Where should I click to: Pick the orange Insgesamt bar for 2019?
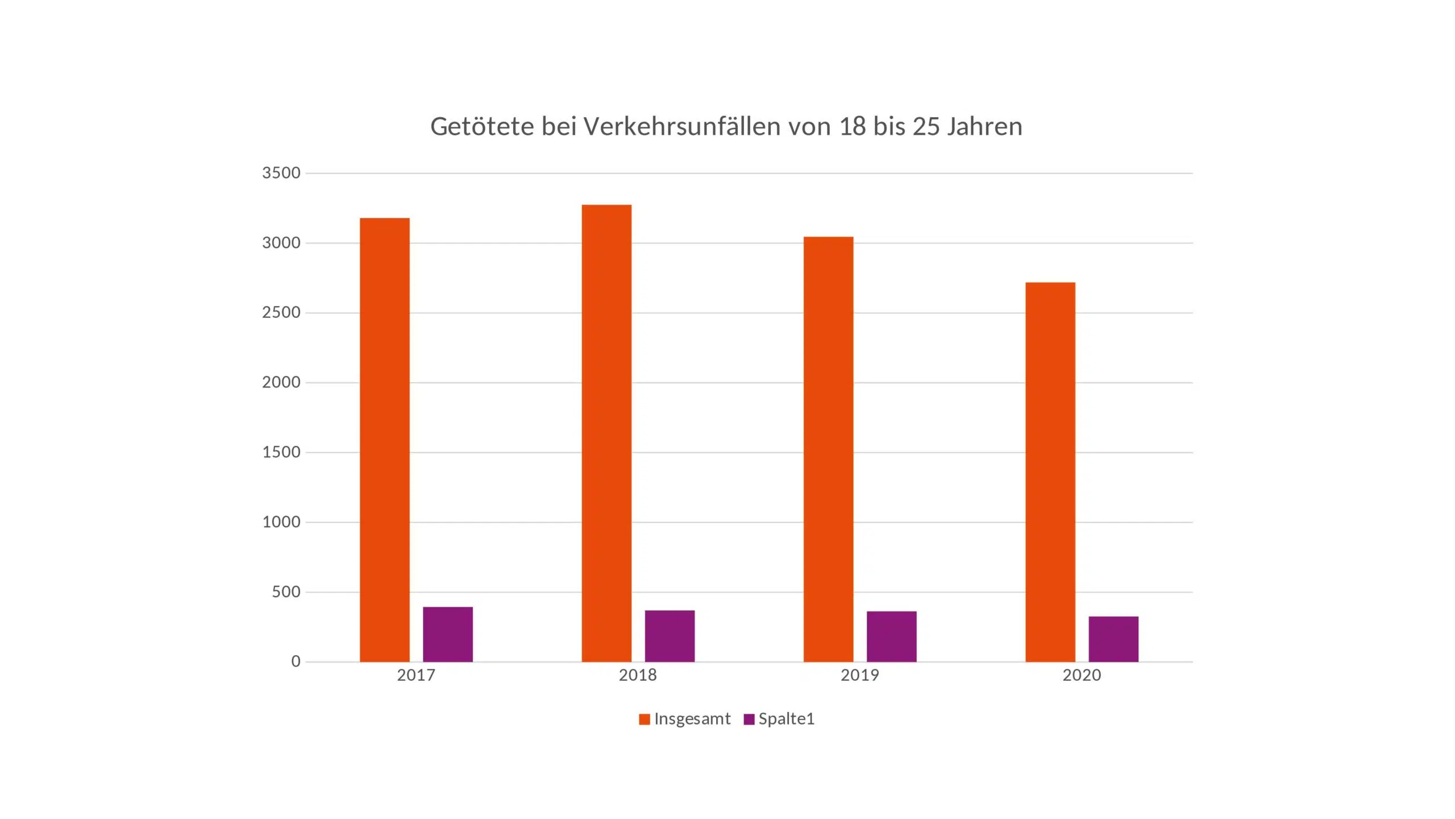[828, 449]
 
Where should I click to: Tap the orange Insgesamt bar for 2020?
[1050, 471]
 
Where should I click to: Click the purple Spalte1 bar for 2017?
[448, 634]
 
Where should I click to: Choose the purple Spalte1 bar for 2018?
[670, 636]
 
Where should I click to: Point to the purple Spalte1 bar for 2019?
[891, 636]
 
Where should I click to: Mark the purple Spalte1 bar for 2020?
[1113, 639]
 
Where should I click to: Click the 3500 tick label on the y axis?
[281, 173]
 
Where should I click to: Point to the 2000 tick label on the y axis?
[281, 382]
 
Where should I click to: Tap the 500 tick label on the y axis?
[286, 591]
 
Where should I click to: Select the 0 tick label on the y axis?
[296, 661]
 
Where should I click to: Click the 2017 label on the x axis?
[416, 675]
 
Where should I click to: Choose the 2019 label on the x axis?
[860, 675]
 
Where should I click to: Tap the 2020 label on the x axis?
[1082, 675]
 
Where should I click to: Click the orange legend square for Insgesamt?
[644, 719]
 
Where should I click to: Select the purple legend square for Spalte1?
[749, 719]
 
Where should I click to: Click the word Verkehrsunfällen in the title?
[682, 126]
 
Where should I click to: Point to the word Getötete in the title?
[482, 126]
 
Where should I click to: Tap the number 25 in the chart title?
[926, 126]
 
